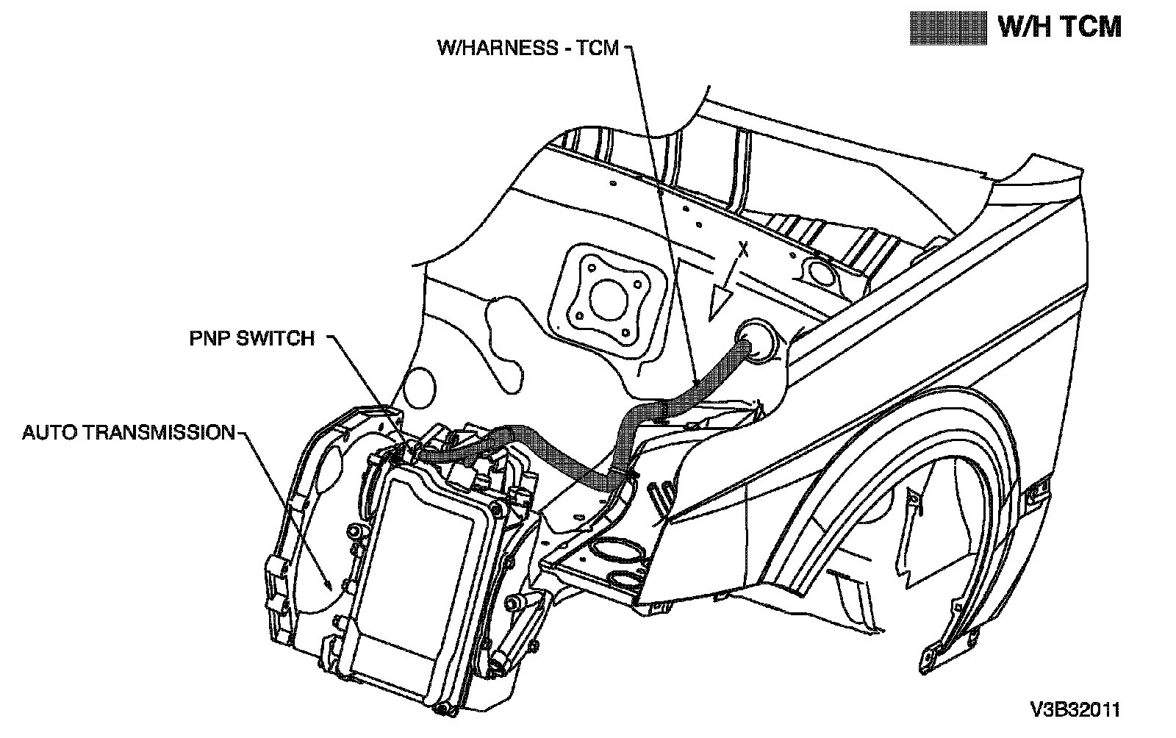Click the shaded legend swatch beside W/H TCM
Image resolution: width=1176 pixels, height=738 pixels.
coord(947,28)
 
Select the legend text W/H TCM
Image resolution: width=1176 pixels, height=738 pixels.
coord(1059,27)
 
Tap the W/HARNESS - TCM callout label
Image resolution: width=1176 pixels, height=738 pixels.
coord(528,48)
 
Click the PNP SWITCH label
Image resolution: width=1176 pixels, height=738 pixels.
coord(252,339)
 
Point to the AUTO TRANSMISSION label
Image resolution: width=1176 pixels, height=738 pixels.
coord(129,432)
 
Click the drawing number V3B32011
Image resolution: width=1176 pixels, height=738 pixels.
coord(1075,709)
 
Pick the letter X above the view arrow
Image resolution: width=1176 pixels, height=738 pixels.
coord(743,250)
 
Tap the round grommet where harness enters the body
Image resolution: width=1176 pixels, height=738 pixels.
coord(756,342)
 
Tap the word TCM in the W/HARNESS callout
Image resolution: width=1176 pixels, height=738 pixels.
coord(598,48)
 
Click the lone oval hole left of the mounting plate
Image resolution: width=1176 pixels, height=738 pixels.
coord(420,388)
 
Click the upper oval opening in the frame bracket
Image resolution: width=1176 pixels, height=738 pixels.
coord(617,551)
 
